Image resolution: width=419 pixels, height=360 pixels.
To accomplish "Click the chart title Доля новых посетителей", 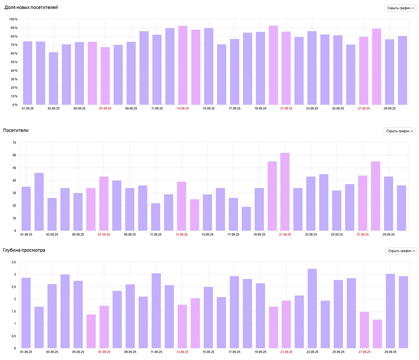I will click(x=31, y=8).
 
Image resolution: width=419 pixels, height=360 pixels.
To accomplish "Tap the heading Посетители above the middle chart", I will click(x=16, y=130).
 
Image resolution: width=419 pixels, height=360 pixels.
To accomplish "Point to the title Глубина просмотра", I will click(x=24, y=250).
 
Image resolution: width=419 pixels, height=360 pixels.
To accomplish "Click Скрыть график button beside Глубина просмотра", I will click(x=401, y=251).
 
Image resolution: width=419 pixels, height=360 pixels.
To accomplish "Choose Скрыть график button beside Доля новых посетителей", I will click(x=401, y=8).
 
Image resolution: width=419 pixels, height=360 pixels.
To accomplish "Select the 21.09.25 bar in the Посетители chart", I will click(x=285, y=192).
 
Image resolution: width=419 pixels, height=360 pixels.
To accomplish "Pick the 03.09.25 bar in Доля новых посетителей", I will click(x=53, y=79).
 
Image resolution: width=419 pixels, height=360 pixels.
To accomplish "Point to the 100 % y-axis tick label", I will click(x=13, y=19).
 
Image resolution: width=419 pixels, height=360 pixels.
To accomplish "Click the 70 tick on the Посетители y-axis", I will click(x=14, y=143).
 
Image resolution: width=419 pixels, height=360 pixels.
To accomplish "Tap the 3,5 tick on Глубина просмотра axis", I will click(x=13, y=262).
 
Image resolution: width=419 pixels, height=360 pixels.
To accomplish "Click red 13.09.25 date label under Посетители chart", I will click(x=183, y=234).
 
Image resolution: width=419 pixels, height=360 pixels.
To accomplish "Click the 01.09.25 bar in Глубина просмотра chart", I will click(x=26, y=313).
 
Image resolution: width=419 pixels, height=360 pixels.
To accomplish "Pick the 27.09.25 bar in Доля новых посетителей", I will click(x=364, y=71).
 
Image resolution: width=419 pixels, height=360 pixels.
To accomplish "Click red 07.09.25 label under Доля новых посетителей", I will click(x=105, y=108).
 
